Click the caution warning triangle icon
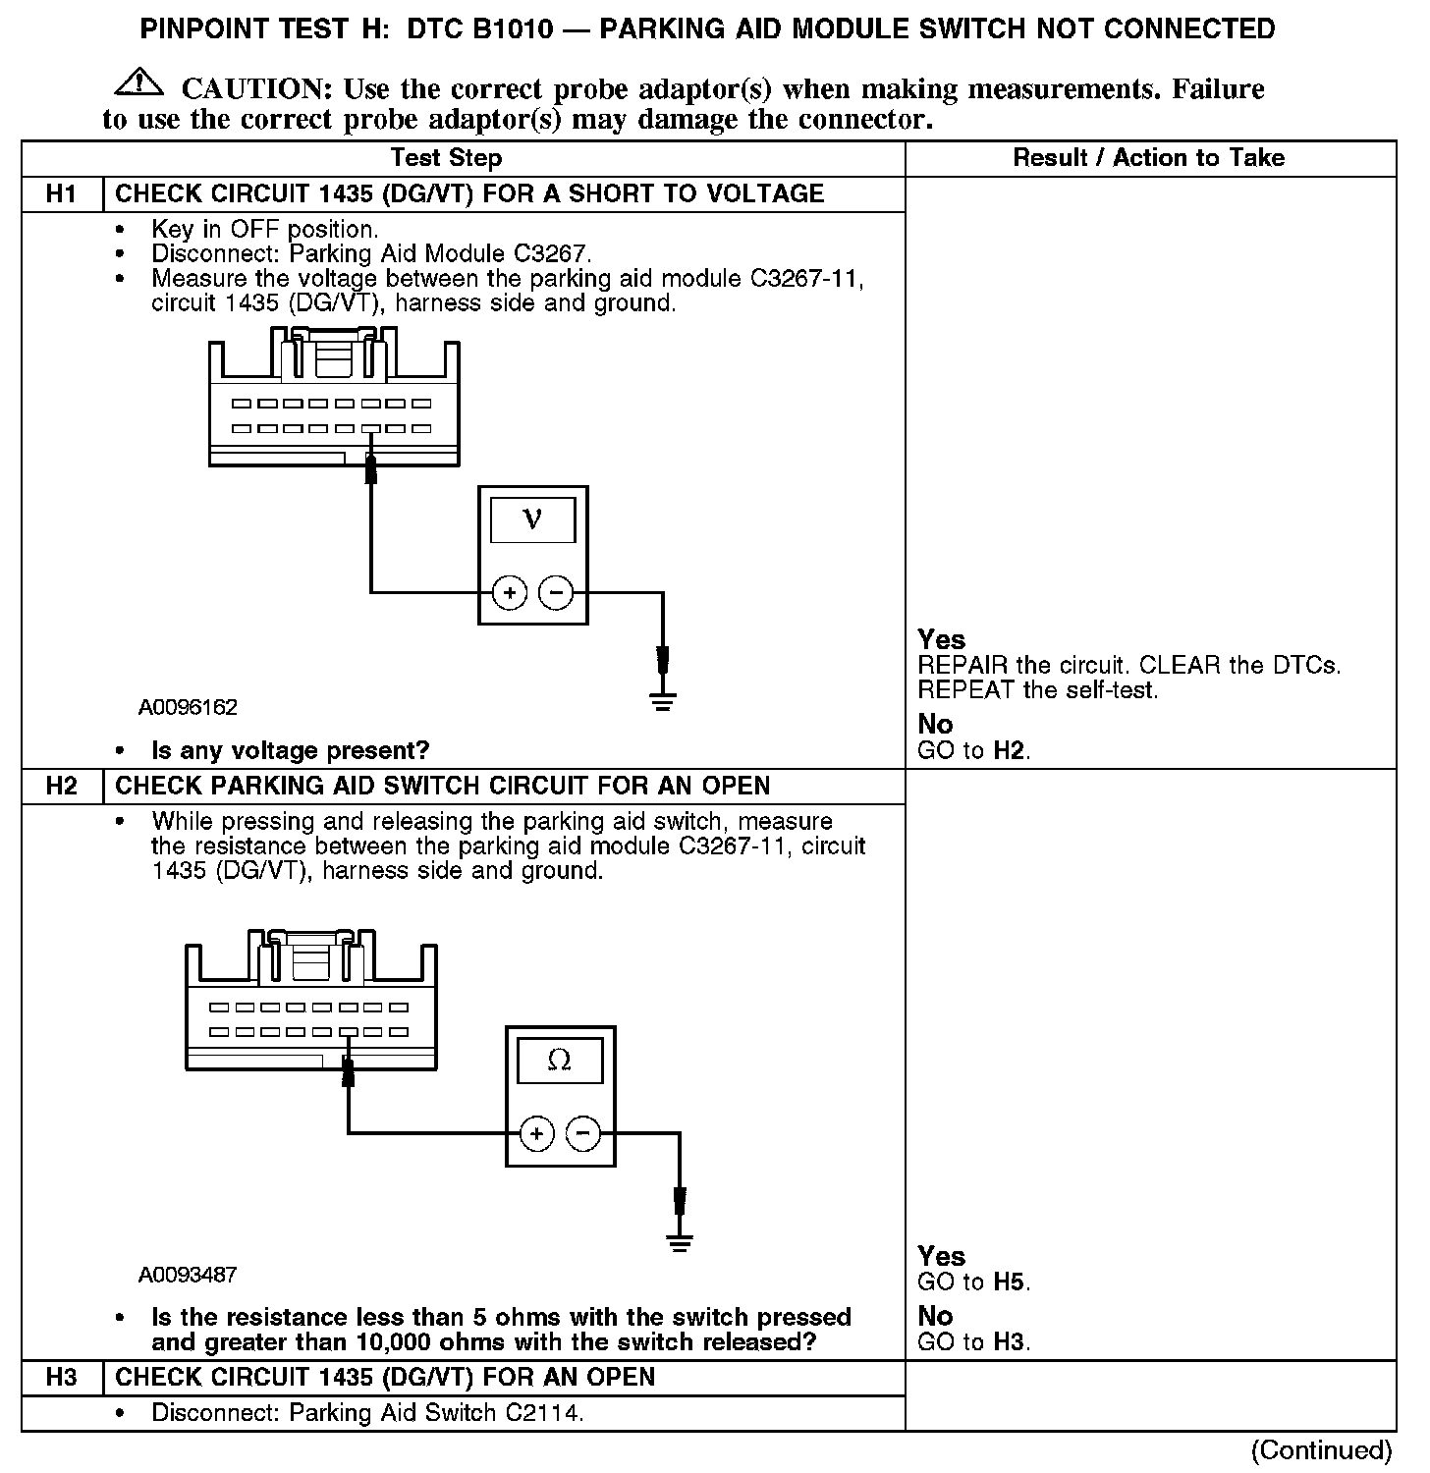click(138, 83)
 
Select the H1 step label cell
click(61, 193)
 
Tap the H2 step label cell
click(61, 786)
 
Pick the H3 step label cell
click(61, 1377)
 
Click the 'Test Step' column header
click(446, 158)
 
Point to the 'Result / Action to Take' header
click(1148, 158)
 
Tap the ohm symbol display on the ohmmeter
click(559, 1061)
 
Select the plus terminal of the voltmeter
click(509, 592)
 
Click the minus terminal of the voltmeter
click(556, 592)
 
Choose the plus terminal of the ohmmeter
click(536, 1134)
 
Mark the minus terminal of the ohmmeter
click(583, 1134)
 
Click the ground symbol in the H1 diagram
click(663, 700)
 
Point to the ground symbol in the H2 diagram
click(680, 1242)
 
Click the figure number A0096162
click(188, 707)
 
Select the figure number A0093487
click(188, 1275)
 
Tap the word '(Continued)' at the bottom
click(1322, 1449)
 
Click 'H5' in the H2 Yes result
click(1011, 1282)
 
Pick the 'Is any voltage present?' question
click(290, 751)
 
